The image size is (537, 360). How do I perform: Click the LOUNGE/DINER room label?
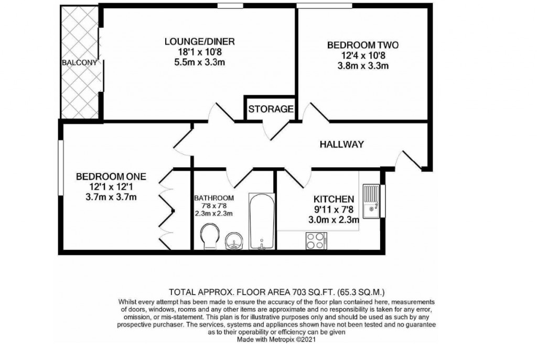[x=199, y=42]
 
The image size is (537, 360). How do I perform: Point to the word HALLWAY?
[x=342, y=145]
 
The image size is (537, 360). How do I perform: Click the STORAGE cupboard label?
[x=271, y=110]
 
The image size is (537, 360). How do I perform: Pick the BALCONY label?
[x=80, y=63]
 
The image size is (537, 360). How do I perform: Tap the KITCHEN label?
[x=334, y=199]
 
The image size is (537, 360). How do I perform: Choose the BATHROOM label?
[x=214, y=198]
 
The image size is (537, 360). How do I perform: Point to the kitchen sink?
[x=371, y=200]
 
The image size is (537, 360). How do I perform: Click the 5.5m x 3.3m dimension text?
[x=199, y=62]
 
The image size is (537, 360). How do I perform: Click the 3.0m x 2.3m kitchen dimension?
[x=334, y=220]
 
